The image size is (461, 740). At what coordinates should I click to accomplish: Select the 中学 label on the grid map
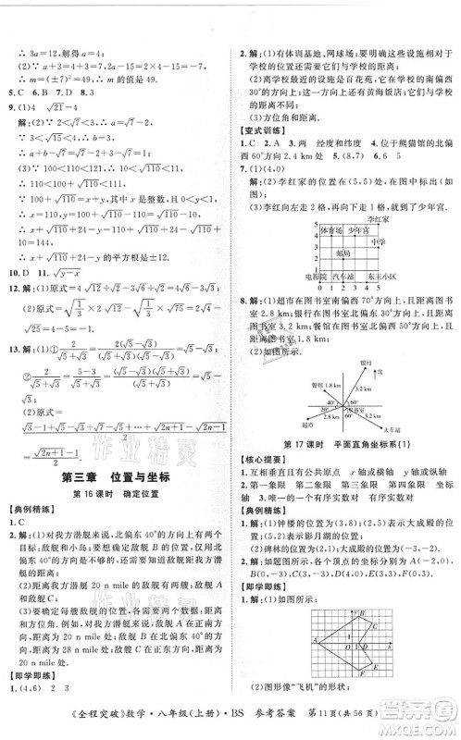coord(379,240)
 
